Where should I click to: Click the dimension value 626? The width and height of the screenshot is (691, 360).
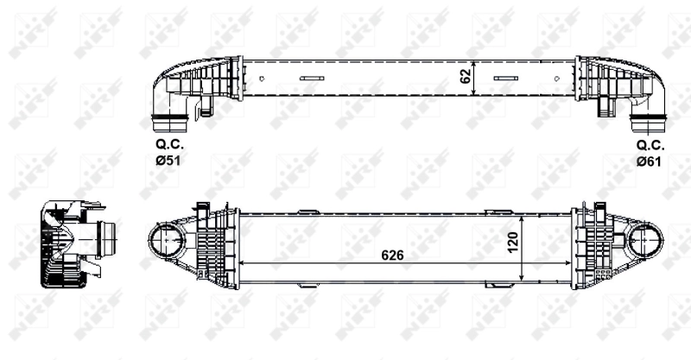391,256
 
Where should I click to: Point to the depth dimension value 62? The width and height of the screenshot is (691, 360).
466,77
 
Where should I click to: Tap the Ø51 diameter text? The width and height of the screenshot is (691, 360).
168,161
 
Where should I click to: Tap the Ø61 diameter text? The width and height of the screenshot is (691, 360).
648,161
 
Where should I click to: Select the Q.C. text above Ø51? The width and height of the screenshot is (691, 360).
168,146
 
